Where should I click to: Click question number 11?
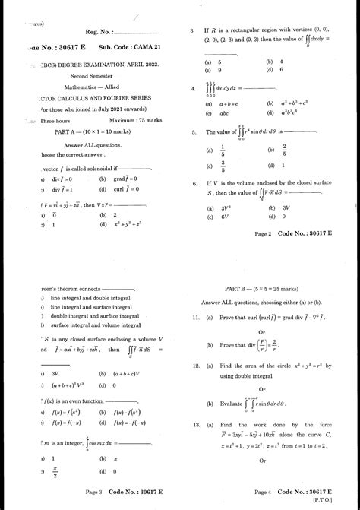tap(195, 316)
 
